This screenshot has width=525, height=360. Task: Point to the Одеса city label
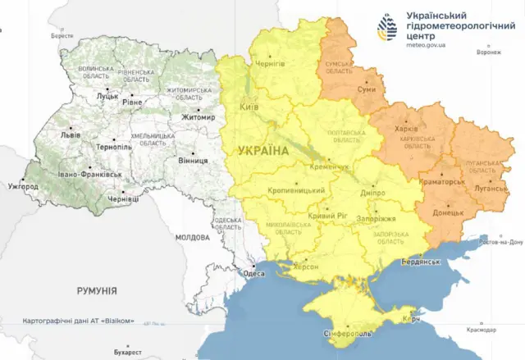(x=254, y=274)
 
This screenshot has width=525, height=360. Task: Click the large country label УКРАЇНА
(x=263, y=151)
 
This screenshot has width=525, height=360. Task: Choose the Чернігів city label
(x=271, y=64)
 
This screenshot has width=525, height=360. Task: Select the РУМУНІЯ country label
(x=97, y=291)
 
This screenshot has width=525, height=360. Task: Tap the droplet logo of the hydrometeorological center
(x=388, y=28)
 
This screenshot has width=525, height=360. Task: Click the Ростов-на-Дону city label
(x=497, y=243)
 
